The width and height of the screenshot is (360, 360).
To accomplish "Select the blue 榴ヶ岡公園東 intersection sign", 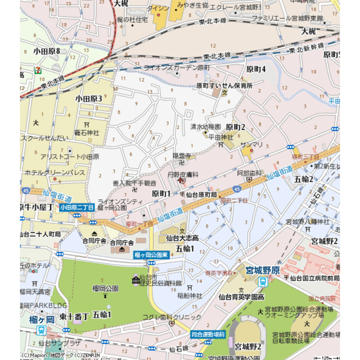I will coord(151,255).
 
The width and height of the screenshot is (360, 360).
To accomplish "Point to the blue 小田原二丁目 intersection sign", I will coord(76,208).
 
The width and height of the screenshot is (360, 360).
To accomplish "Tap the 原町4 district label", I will coord(255,69).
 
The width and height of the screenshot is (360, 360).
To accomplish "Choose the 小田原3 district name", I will coord(89,98).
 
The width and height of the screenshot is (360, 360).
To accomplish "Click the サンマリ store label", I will coord(252,145).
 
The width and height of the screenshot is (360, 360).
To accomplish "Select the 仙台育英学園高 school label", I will coord(241,296).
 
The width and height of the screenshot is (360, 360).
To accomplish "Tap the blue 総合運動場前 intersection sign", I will coord(208,334).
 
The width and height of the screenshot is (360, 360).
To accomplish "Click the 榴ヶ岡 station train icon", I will coord(41,330).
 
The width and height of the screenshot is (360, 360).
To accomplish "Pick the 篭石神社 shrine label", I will coord(86,132).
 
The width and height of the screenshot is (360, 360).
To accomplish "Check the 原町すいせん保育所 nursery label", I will coord(224,85).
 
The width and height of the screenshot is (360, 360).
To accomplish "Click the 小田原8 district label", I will coord(46,51).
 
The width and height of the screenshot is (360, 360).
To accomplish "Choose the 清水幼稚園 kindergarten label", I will coord(205,127).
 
